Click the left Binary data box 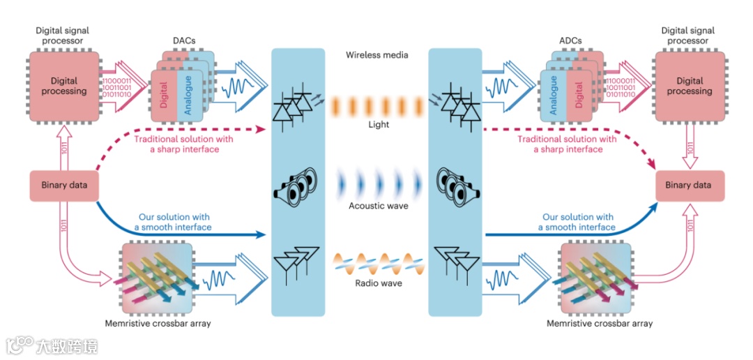tap(63, 186)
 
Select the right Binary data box tap(687, 186)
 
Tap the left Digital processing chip tap(64, 86)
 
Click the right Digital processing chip tap(689, 86)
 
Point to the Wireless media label tap(376, 55)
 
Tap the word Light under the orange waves tap(377, 125)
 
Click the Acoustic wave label tap(377, 207)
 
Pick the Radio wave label tap(377, 283)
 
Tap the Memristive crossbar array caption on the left tap(158, 324)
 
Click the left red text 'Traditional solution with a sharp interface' tap(183, 144)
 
